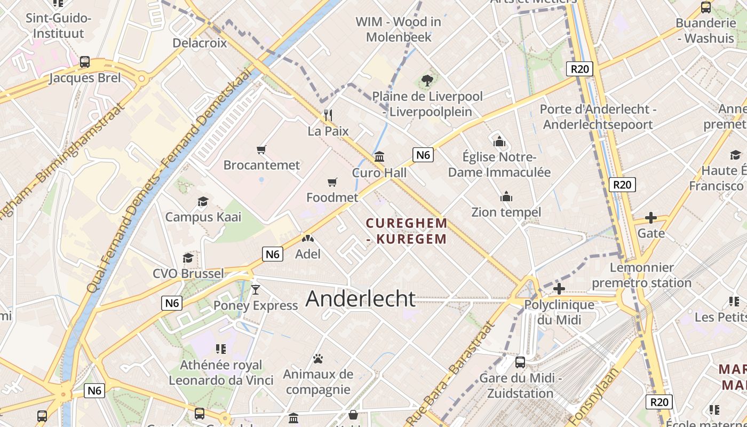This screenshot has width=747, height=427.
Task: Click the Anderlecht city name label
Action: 361,299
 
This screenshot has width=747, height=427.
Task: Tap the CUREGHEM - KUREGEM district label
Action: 407,231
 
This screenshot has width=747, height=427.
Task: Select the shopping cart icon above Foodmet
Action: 332,183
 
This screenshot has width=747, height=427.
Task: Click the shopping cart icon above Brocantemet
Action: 261,150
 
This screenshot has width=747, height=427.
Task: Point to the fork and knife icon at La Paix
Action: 328,115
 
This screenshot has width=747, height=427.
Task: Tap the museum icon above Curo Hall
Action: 379,157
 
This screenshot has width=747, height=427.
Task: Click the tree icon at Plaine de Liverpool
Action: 427,81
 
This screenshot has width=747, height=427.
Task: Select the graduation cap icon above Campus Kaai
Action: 203,202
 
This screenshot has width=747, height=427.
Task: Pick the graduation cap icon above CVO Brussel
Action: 188,258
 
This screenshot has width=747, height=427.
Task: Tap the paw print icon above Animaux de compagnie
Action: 318,359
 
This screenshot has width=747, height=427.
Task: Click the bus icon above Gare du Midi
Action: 520,362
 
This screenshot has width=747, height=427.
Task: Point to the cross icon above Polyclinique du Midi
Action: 559,289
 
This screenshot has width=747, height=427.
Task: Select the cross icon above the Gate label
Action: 650,218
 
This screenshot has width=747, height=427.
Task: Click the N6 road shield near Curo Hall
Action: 423,155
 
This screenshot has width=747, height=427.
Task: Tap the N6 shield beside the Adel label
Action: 273,254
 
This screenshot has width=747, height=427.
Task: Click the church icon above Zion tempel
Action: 506,197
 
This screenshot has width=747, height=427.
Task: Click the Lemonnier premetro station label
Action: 642,275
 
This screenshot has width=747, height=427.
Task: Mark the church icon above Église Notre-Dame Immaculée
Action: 499,142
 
